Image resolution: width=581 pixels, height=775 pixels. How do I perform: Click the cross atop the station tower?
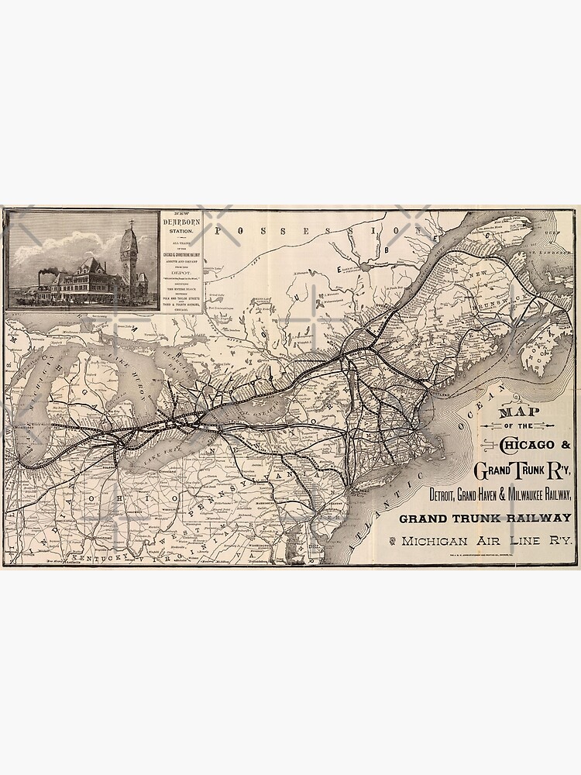132,222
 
